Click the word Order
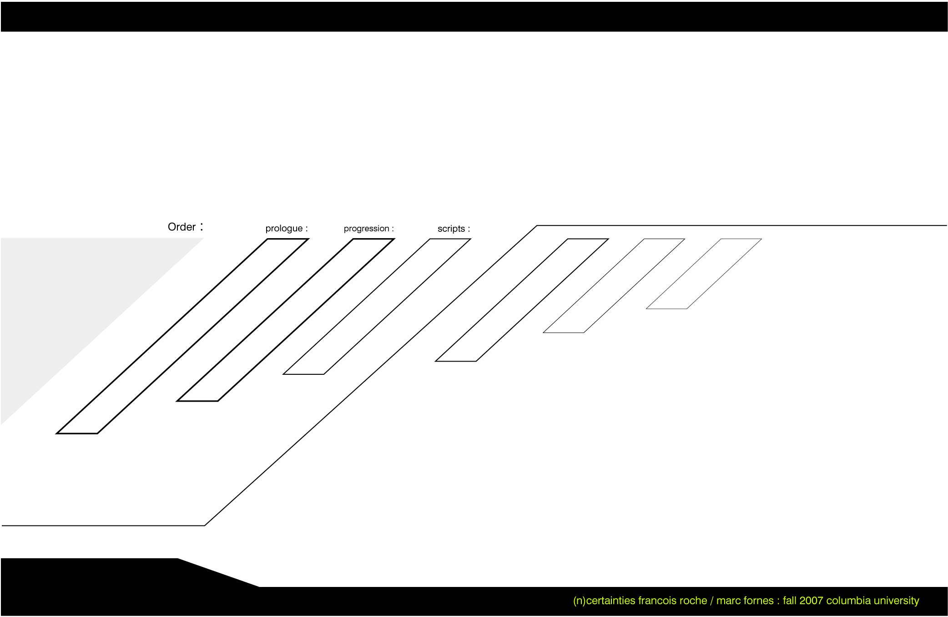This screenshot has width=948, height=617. click(x=182, y=227)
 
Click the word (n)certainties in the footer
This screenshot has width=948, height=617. click(x=604, y=601)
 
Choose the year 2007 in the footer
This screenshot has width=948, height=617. click(x=811, y=601)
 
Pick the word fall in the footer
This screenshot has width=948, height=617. click(x=790, y=601)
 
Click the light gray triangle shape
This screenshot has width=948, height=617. click(x=68, y=301)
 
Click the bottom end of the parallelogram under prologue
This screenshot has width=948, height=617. click(x=77, y=433)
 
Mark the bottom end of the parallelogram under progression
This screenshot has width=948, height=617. click(x=197, y=401)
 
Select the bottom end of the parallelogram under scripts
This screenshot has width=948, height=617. click(x=303, y=374)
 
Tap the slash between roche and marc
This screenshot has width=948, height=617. click(x=712, y=601)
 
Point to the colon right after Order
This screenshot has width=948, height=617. click(x=202, y=226)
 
